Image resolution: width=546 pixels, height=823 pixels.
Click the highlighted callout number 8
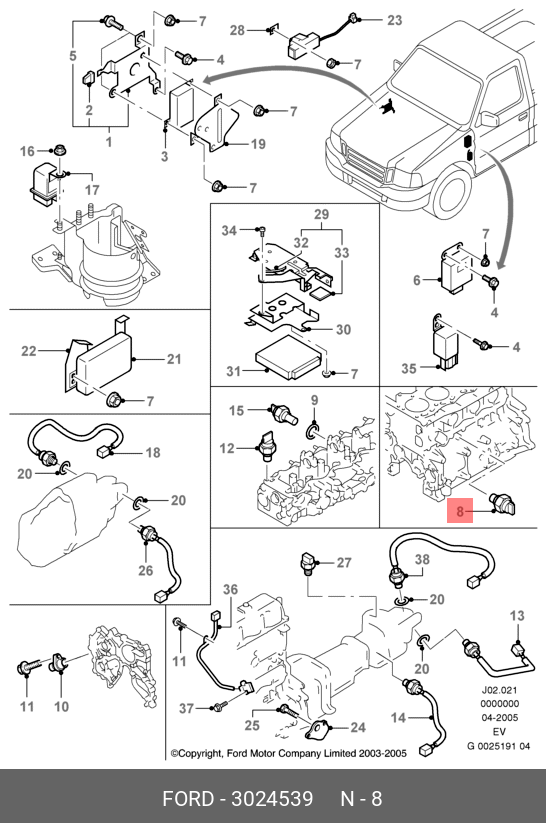[460, 511]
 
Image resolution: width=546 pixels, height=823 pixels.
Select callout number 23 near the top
[394, 20]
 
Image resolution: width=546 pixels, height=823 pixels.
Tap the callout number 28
[237, 30]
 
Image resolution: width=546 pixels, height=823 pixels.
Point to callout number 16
[27, 151]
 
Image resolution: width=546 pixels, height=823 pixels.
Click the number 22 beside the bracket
[29, 350]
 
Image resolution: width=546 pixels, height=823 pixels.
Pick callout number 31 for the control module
[234, 371]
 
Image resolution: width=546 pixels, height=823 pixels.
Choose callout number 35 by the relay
[409, 368]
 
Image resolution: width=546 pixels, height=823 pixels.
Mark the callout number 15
[237, 410]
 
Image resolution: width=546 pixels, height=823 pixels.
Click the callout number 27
[344, 562]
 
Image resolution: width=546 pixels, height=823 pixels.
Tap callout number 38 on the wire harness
[422, 560]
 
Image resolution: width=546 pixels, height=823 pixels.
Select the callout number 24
[358, 727]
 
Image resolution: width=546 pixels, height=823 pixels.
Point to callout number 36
[230, 589]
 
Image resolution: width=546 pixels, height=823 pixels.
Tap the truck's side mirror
[488, 119]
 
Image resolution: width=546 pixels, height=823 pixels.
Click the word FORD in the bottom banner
[187, 798]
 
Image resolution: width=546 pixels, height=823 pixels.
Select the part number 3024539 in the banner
[272, 798]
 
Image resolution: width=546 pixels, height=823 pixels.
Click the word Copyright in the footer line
[201, 754]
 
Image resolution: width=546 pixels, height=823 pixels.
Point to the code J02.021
[499, 690]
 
